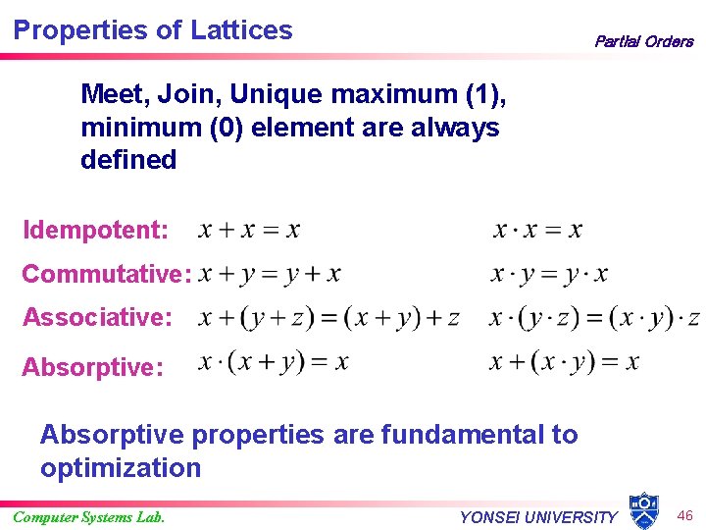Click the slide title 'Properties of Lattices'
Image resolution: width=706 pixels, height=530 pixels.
point(153,29)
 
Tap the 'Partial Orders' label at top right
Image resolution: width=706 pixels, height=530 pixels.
point(643,41)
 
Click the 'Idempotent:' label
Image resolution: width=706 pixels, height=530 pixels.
point(95,231)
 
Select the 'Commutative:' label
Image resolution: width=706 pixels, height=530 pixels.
point(106,274)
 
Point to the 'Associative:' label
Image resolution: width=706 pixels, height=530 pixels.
point(97,317)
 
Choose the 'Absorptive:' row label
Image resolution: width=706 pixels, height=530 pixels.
point(92,367)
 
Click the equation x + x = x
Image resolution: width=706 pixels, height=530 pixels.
point(249,231)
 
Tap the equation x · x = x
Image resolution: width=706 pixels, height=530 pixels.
point(537,231)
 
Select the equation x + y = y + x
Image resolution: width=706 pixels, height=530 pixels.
point(269,274)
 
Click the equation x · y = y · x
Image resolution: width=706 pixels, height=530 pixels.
point(549,274)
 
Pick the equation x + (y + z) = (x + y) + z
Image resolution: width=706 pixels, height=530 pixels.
point(328,317)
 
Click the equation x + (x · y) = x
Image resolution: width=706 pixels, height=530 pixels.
point(564,362)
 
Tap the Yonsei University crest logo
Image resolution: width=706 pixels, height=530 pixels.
point(643,510)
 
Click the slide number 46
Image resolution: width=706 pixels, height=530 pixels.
point(684,514)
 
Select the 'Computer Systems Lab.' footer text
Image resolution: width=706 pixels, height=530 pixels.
point(89,516)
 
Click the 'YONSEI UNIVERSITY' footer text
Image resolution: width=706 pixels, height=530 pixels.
point(538,517)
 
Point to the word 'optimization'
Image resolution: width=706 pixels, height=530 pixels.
point(121,467)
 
